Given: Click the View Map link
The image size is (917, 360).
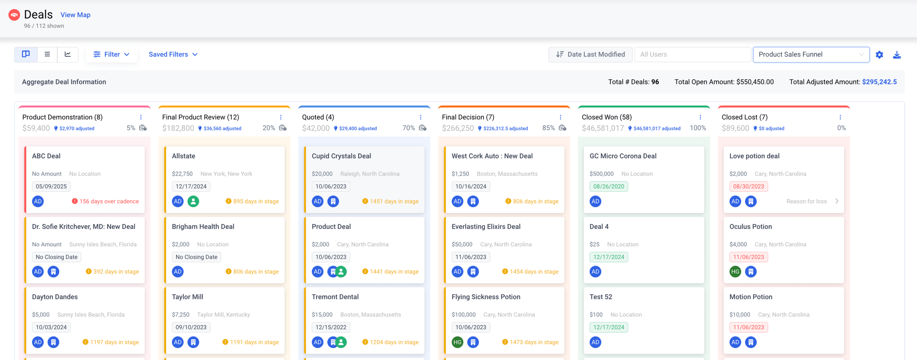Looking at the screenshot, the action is click(x=75, y=15).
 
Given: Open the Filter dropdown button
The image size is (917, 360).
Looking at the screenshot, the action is click(x=111, y=54).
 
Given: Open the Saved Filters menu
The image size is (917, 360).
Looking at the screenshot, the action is click(x=173, y=54).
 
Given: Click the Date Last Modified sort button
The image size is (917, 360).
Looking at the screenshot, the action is click(x=590, y=54).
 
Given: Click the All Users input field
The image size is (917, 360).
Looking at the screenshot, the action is click(x=692, y=54).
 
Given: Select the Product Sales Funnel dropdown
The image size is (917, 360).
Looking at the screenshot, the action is click(x=811, y=54).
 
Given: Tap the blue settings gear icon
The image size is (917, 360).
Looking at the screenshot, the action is click(x=879, y=55).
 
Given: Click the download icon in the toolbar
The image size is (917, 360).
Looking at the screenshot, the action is click(x=897, y=55).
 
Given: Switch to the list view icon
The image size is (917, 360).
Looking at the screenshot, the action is click(x=47, y=54).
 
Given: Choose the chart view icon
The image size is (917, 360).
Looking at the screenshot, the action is click(x=68, y=54).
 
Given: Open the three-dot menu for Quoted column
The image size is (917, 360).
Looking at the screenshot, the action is click(x=421, y=117).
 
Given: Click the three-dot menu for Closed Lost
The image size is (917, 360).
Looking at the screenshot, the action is click(x=840, y=117).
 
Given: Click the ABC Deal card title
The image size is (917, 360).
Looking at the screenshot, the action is click(x=46, y=156).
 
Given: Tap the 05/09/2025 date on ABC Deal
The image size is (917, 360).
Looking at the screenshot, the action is click(x=51, y=186).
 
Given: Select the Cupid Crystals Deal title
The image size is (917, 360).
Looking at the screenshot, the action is click(x=341, y=156).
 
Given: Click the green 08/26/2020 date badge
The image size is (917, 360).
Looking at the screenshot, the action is click(x=609, y=186).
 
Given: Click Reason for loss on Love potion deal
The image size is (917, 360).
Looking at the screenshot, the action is click(x=807, y=201).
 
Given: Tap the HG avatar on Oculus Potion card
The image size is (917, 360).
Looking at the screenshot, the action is click(x=735, y=272).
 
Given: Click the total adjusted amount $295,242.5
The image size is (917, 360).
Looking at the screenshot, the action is click(x=879, y=82).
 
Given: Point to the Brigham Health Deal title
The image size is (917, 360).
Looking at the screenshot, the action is click(x=203, y=227).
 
